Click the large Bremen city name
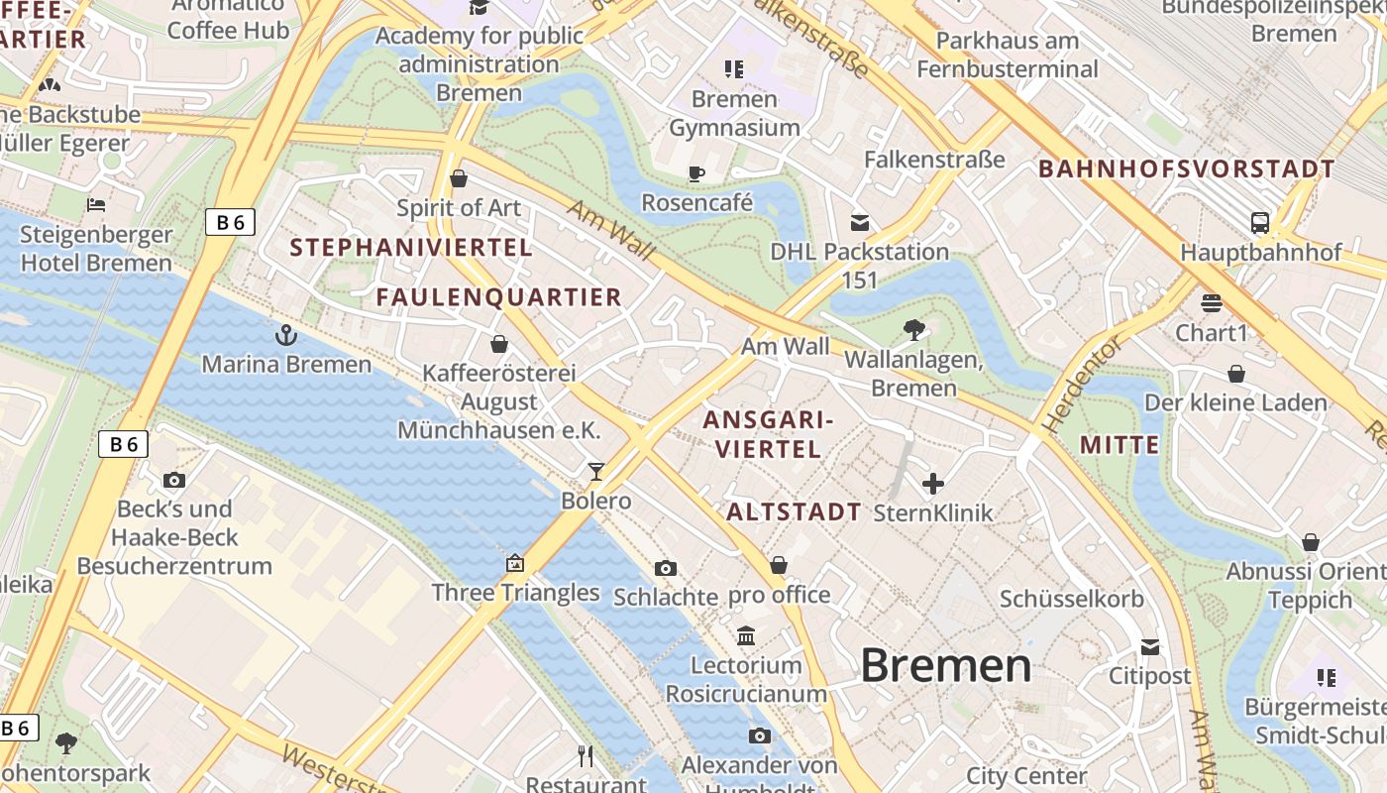click(946, 665)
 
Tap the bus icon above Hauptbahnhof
click(1260, 223)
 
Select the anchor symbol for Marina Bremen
click(286, 335)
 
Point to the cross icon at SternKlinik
click(933, 484)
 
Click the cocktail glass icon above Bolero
click(596, 471)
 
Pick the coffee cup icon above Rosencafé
click(696, 174)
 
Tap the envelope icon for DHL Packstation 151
click(860, 223)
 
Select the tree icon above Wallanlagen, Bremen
click(913, 330)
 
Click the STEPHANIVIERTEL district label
click(411, 248)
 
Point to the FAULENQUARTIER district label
click(498, 296)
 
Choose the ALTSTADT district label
click(794, 512)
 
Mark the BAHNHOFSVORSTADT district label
click(1187, 169)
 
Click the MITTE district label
click(1120, 444)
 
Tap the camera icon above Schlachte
click(666, 568)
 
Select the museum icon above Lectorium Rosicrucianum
click(746, 635)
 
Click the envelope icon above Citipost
click(1149, 647)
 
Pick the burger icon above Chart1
click(1211, 302)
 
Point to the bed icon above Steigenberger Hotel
click(96, 205)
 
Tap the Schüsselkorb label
click(1072, 599)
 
